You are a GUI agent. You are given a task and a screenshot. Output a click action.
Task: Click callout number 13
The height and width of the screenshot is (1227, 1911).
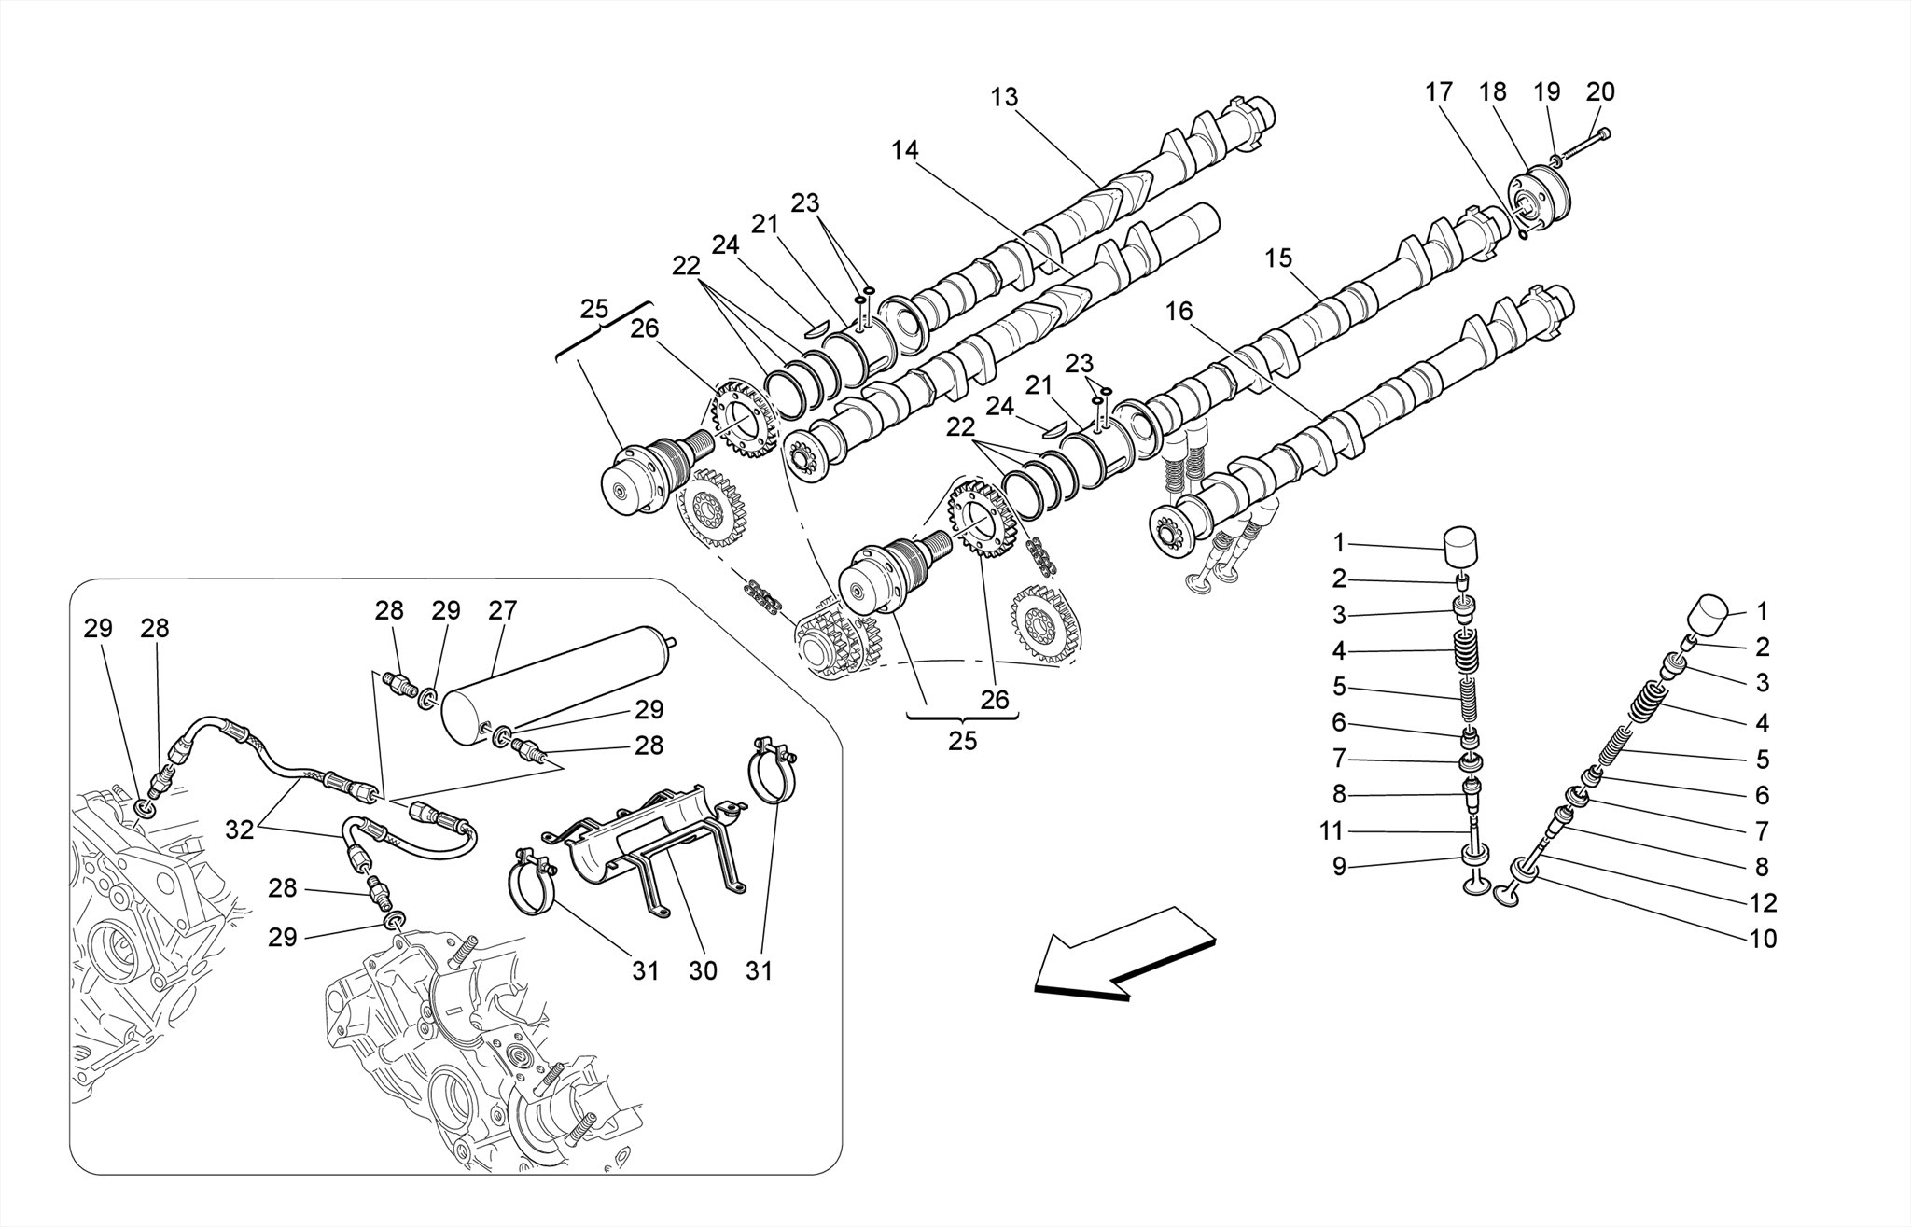coord(1004,98)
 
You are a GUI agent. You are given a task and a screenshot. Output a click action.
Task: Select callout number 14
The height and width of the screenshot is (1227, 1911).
coord(904,150)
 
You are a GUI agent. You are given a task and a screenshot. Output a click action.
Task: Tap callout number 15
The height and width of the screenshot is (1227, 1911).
coord(1278,258)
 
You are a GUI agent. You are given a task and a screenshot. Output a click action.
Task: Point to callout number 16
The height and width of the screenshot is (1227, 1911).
coord(1179,312)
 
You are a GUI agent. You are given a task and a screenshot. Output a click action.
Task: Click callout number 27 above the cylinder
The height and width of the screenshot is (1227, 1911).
coord(502,611)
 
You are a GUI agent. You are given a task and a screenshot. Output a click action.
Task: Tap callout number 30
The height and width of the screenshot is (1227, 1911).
coord(703,970)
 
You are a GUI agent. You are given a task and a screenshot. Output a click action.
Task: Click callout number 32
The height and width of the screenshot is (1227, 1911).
coord(240,830)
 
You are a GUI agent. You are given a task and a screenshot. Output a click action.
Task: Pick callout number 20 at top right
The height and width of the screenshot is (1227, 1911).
coord(1600,92)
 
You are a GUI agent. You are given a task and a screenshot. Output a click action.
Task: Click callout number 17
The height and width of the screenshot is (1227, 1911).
coord(1439,92)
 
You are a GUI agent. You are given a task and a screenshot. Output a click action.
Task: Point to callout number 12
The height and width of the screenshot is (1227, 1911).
coord(1763,902)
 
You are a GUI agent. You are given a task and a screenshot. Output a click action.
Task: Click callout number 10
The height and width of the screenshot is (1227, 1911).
coord(1763,939)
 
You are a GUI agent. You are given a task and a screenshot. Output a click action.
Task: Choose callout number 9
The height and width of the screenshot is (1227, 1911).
coord(1339,867)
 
